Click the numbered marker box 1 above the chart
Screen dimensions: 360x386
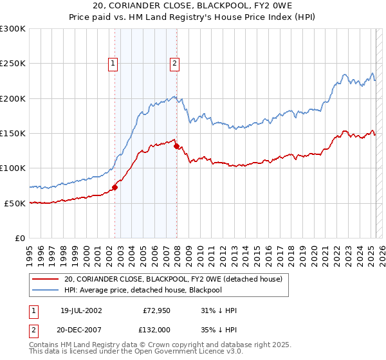click(x=113, y=63)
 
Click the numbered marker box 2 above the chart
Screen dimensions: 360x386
click(x=174, y=63)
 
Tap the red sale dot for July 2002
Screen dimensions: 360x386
click(x=115, y=188)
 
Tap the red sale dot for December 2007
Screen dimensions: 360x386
click(x=177, y=146)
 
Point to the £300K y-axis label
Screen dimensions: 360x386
click(x=13, y=29)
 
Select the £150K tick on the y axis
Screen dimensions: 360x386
click(x=13, y=133)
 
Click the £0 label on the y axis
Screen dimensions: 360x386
click(x=19, y=238)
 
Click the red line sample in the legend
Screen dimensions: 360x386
click(x=46, y=279)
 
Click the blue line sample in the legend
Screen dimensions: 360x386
click(x=46, y=290)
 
